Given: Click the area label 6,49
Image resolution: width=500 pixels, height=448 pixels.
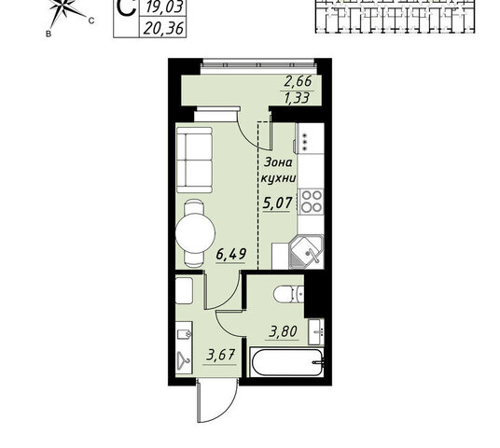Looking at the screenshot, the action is (230, 255).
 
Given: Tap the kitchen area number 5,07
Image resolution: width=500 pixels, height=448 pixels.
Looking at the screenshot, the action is (277, 203).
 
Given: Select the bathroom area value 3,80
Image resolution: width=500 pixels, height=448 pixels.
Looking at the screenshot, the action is (284, 331).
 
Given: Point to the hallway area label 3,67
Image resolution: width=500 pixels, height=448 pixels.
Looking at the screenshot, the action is (221, 355).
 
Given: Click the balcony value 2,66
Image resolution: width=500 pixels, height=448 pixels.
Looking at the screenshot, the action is (298, 81).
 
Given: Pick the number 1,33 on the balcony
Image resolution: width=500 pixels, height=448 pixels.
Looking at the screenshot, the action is (298, 98).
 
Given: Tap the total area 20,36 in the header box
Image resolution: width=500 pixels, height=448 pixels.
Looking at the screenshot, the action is (163, 28).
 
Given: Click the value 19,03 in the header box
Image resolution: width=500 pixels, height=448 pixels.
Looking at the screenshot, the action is (163, 7).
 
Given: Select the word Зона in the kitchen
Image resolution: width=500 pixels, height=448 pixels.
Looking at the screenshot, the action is (278, 162).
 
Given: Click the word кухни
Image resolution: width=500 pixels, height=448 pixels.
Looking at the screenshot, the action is (278, 178).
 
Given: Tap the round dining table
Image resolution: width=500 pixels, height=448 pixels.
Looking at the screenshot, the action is (195, 233).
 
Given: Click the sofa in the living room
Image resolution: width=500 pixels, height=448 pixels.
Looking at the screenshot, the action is (195, 160).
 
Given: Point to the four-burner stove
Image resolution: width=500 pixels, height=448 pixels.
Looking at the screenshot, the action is (312, 201).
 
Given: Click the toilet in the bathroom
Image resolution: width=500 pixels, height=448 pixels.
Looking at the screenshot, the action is (289, 294).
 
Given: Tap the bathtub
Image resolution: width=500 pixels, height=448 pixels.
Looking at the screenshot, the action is (287, 363).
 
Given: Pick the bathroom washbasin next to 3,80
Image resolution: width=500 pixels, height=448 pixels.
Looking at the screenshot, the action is (316, 332).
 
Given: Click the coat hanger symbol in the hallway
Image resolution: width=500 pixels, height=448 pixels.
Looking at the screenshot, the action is (184, 359).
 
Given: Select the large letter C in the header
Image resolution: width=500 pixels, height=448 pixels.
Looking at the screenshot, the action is (126, 7).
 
